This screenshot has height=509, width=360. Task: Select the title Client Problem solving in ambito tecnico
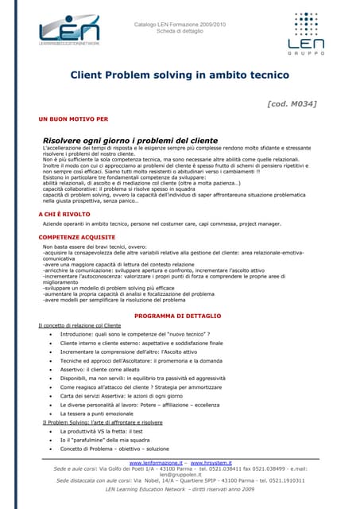[x=180, y=76]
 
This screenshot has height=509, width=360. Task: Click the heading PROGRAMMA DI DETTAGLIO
[x=180, y=316]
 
